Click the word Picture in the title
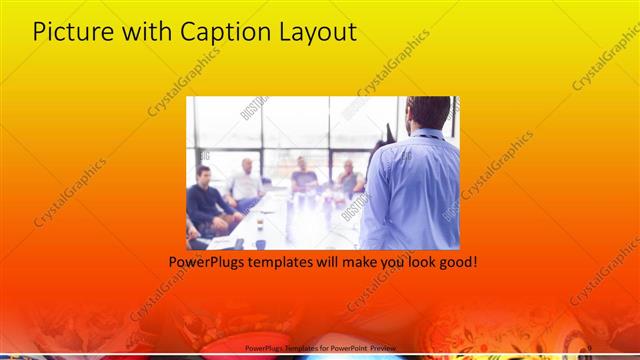pyautogui.click(x=73, y=32)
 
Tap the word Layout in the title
pyautogui.click(x=315, y=32)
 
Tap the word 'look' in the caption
pyautogui.click(x=417, y=262)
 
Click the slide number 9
pyautogui.click(x=589, y=347)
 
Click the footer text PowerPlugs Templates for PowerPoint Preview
pyautogui.click(x=321, y=347)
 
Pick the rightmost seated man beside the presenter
pyautogui.click(x=349, y=177)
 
